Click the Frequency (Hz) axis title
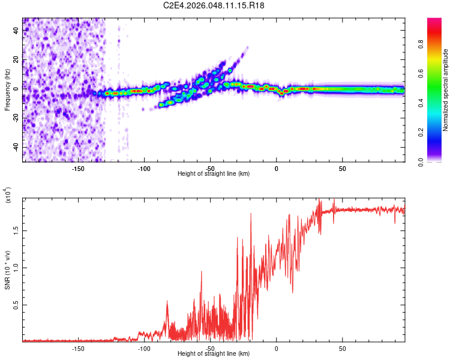pyautogui.click(x=8, y=90)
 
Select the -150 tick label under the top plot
pyautogui.click(x=77, y=168)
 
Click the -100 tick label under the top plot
pyautogui.click(x=144, y=168)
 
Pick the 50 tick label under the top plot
pyautogui.click(x=342, y=168)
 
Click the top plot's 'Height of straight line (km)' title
pyautogui.click(x=214, y=174)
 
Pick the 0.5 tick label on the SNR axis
pyautogui.click(x=14, y=305)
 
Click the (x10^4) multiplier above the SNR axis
pyautogui.click(x=8, y=196)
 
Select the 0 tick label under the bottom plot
pyautogui.click(x=276, y=348)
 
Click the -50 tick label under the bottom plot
pyautogui.click(x=210, y=348)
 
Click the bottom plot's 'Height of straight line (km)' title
pyautogui.click(x=214, y=354)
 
